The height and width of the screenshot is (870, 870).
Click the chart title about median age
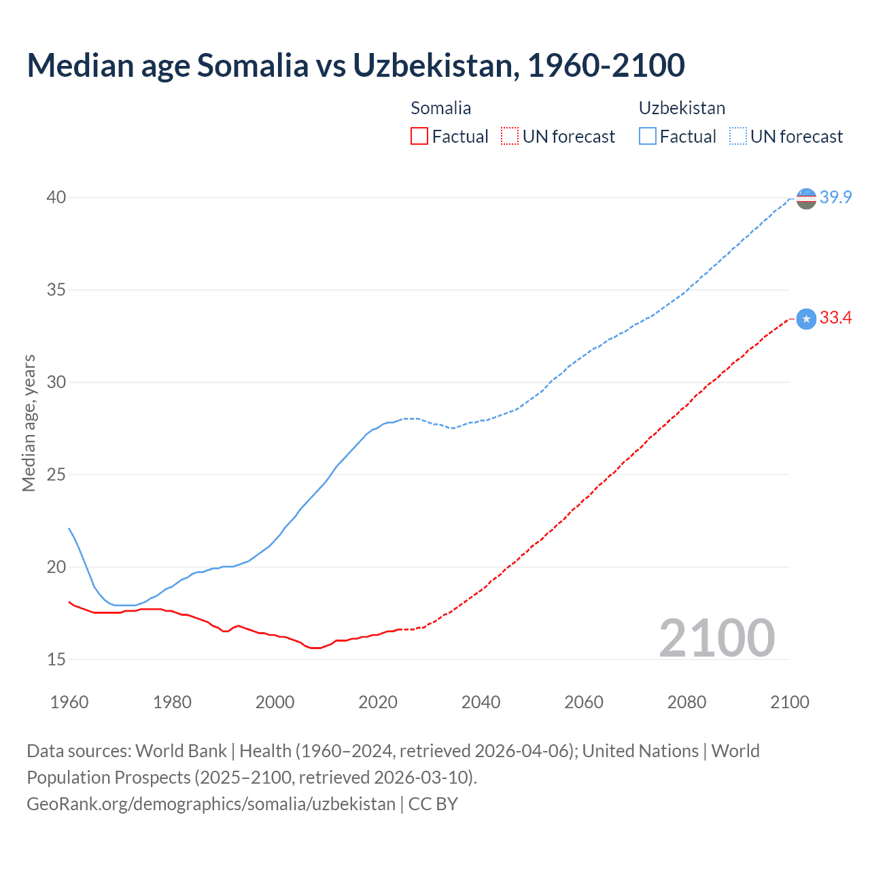(x=355, y=65)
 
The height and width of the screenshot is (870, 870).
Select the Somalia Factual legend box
(x=419, y=137)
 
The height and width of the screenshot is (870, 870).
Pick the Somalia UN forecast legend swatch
(x=510, y=137)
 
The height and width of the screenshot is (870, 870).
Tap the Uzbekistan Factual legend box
(x=648, y=137)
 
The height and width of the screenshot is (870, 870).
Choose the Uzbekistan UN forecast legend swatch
(x=737, y=137)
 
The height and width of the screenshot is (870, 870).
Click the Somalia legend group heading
(x=440, y=108)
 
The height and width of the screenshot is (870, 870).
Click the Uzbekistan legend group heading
(x=682, y=108)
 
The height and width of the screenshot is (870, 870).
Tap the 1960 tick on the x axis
(x=69, y=702)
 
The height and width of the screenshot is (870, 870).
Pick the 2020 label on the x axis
(x=378, y=702)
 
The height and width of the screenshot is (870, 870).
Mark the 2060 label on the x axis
(x=584, y=702)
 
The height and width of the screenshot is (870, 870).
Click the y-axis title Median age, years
(x=29, y=423)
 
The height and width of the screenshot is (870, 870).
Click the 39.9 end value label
(x=835, y=198)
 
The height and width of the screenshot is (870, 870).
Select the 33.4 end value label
(x=835, y=318)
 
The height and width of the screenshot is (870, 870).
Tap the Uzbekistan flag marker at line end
(x=806, y=198)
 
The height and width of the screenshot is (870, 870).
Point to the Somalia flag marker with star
(x=806, y=319)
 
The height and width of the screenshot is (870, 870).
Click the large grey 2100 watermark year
(x=716, y=638)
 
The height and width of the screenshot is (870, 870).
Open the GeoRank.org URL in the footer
(x=211, y=804)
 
